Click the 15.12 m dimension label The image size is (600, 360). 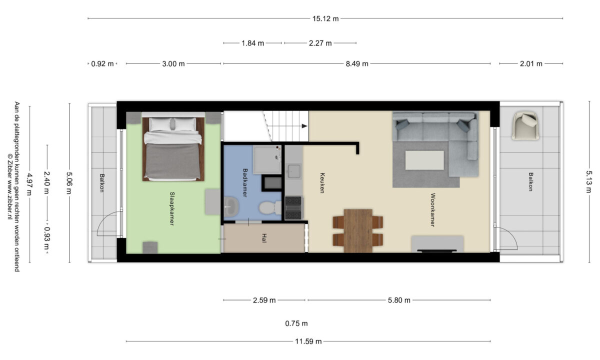click(x=325, y=19)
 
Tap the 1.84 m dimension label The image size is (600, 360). click(x=253, y=43)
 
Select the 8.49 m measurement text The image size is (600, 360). click(x=357, y=64)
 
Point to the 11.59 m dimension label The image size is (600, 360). click(x=308, y=341)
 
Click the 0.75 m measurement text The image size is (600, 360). click(x=296, y=323)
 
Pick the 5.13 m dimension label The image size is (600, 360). click(x=588, y=182)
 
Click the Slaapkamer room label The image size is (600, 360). click(x=172, y=208)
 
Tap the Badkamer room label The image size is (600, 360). click(x=244, y=182)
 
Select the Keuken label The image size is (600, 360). click(x=322, y=183)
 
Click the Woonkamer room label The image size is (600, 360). click(x=432, y=210)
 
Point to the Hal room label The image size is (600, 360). click(x=264, y=238)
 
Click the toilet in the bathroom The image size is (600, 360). click(x=270, y=208)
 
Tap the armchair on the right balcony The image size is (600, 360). click(x=525, y=126)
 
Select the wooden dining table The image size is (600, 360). click(x=358, y=230)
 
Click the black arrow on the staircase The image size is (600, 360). click(x=304, y=126)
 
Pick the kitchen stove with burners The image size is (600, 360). click(x=293, y=208)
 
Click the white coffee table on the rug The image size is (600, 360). click(x=424, y=160)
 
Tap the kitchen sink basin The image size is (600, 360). click(x=294, y=171)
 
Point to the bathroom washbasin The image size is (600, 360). click(x=231, y=206)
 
